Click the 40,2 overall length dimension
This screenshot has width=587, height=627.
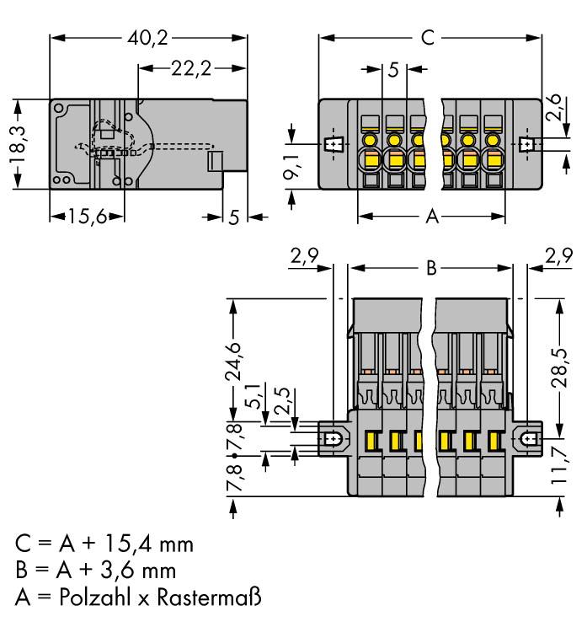149,39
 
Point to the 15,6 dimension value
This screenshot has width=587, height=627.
87,217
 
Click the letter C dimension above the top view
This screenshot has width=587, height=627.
428,39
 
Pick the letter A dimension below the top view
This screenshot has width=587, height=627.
431,217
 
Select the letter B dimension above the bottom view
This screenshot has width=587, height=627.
430,268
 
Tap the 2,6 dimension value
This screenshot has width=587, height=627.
554,107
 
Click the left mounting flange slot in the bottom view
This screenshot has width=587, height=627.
334,439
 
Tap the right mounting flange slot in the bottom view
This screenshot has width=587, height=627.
530,439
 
